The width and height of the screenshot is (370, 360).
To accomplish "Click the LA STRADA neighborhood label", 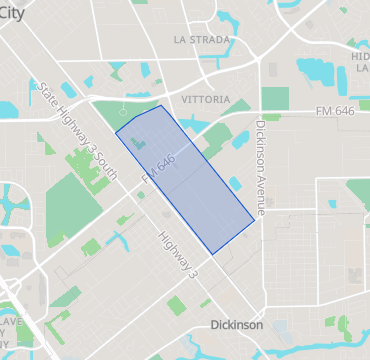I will pos(203,40).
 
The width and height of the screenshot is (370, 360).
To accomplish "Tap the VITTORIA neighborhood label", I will pos(206,100).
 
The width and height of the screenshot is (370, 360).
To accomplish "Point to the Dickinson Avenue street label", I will pos(261,168).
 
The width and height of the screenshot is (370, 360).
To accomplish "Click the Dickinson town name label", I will pos(237,325).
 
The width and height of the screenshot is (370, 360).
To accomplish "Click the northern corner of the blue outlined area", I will pos(161,105).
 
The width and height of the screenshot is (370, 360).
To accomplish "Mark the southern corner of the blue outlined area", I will pos(210,253).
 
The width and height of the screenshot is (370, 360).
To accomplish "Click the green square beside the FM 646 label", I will pos(275,98).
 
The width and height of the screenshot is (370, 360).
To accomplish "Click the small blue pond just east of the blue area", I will pos(236,183).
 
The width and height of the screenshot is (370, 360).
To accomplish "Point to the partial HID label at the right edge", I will pos(360,63).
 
